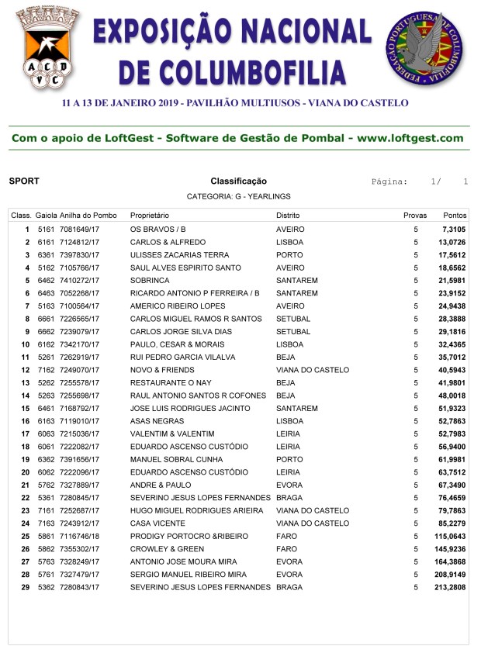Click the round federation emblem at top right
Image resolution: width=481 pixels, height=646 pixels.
pyautogui.click(x=427, y=48)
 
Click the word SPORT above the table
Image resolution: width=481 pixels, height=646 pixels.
pyautogui.click(x=24, y=181)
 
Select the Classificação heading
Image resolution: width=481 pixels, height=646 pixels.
pyautogui.click(x=238, y=181)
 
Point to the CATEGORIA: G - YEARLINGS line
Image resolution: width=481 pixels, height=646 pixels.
pyautogui.click(x=238, y=197)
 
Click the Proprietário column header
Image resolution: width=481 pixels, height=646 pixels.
pyautogui.click(x=150, y=215)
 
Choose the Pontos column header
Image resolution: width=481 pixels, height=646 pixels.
pyautogui.click(x=454, y=215)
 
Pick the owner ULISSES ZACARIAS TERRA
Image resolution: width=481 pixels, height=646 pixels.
pyautogui.click(x=179, y=255)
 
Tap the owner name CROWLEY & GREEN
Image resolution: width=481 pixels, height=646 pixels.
pyautogui.click(x=164, y=549)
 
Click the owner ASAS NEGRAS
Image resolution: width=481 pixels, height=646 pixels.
pyautogui.click(x=155, y=421)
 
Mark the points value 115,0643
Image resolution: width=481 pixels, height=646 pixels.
pyautogui.click(x=450, y=536)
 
